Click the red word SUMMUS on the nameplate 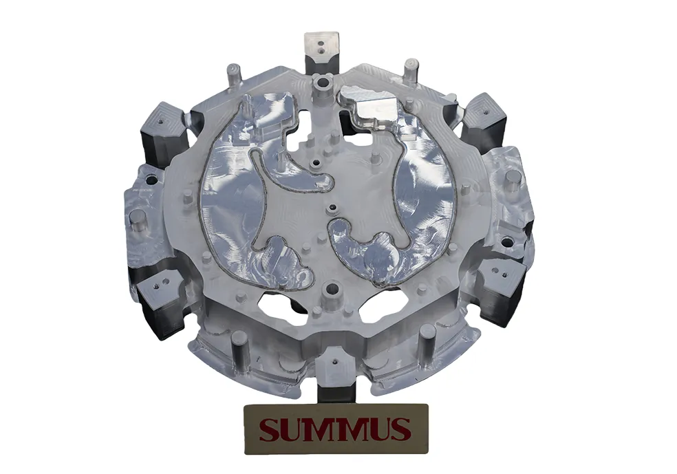[x=335, y=429]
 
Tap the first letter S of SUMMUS [x=268, y=429]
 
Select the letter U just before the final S [x=380, y=429]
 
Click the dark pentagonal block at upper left [x=162, y=123]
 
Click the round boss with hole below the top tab [x=322, y=83]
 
